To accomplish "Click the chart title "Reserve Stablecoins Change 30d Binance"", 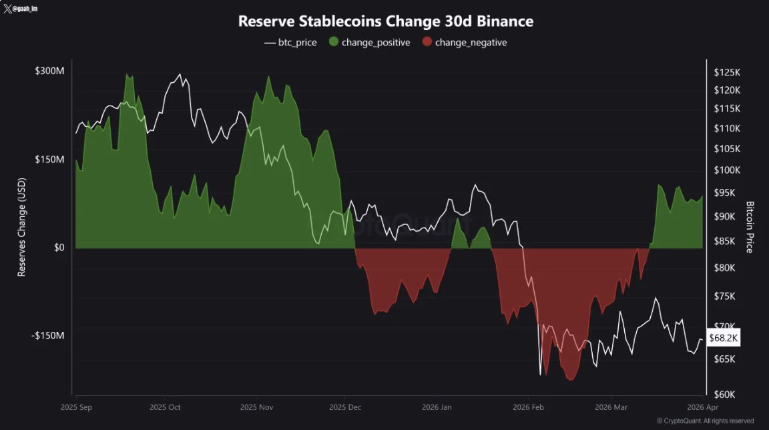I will pos(385,21).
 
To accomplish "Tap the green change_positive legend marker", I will pos(332,42).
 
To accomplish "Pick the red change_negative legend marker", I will pos(427,42).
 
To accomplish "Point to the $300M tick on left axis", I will pos(49,71).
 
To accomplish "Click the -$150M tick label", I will pos(48,335).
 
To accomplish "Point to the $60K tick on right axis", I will pos(724,395).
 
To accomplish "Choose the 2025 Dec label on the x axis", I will pos(345,407).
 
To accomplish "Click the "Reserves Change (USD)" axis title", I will pos(21,232).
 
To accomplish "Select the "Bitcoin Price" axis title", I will pos(750,227).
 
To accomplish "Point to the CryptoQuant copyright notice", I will pos(705,421).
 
